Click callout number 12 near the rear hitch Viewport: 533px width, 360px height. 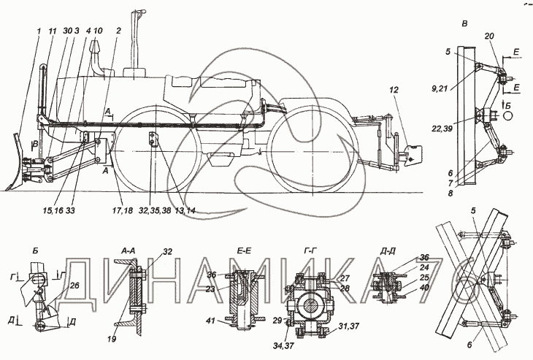pos(394,90)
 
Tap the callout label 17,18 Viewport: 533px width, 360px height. pos(121,211)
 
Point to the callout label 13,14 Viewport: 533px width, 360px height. pos(184,211)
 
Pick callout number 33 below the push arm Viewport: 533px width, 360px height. pos(70,211)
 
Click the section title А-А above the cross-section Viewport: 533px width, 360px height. pos(129,251)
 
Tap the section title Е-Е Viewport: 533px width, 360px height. pos(244,251)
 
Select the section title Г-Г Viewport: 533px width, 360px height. pos(310,251)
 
